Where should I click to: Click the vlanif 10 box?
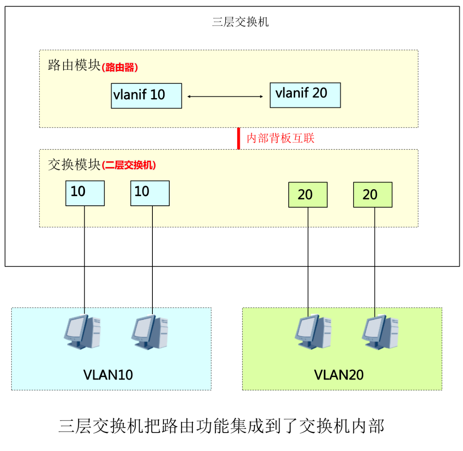coord(146,95)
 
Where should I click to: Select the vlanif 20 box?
coord(305,95)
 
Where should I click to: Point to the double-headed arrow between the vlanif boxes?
coord(225,97)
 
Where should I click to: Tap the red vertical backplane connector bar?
coord(239,138)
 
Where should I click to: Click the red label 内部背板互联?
coord(280,138)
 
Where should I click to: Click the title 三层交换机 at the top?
coord(240,22)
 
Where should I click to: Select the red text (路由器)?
coord(120,67)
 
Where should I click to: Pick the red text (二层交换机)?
coord(129,165)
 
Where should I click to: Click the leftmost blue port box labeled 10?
coord(85,193)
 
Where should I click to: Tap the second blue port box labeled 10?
coord(150,193)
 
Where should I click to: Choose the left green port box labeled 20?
coord(308,195)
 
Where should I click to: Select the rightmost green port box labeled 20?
coord(372,195)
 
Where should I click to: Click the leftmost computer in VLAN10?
coord(82,331)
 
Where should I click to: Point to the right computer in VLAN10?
coord(150,331)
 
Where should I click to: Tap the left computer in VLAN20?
coord(313,331)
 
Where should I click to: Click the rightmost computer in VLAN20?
coord(380,331)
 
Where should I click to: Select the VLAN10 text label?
coord(108,374)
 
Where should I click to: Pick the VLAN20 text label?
coord(339,374)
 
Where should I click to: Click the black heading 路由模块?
coord(74,65)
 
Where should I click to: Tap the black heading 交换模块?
coord(74,164)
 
